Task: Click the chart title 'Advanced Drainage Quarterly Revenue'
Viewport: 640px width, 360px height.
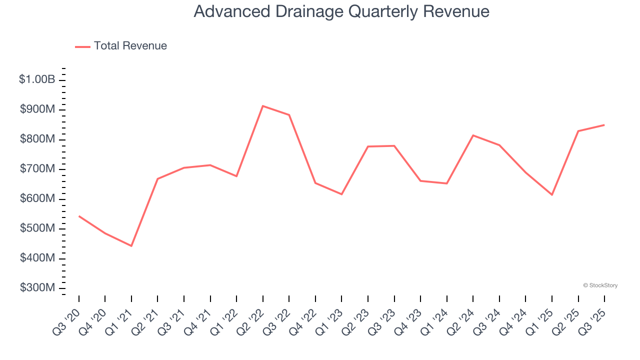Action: click(341, 11)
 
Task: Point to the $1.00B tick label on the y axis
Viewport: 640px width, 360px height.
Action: click(37, 79)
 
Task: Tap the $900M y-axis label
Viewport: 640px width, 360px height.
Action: click(37, 109)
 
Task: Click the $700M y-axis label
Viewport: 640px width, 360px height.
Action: click(37, 169)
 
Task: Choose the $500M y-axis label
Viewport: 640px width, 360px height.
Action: click(37, 228)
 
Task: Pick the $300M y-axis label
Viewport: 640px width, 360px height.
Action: click(37, 288)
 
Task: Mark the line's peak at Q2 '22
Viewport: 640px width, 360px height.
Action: click(263, 106)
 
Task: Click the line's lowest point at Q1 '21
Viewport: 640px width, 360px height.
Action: click(131, 246)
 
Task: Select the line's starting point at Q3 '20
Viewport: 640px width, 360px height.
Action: click(79, 216)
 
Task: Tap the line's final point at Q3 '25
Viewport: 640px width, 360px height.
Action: click(604, 125)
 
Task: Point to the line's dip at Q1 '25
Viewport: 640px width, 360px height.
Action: click(552, 194)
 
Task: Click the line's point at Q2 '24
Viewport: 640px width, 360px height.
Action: click(473, 135)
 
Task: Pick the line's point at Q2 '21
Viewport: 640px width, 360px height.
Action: click(157, 178)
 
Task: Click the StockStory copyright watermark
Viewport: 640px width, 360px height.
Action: click(600, 285)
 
